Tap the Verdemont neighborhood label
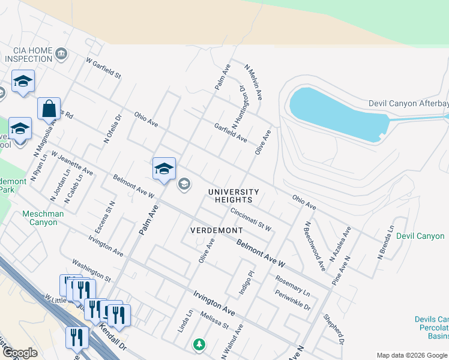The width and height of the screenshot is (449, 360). [x=216, y=230]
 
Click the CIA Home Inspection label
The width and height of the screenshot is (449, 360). [x=29, y=55]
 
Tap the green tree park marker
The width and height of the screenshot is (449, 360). [x=199, y=344]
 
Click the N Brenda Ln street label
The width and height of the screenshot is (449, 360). [x=386, y=242]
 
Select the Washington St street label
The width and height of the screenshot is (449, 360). [x=91, y=271]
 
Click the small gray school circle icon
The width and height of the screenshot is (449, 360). [x=184, y=184]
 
